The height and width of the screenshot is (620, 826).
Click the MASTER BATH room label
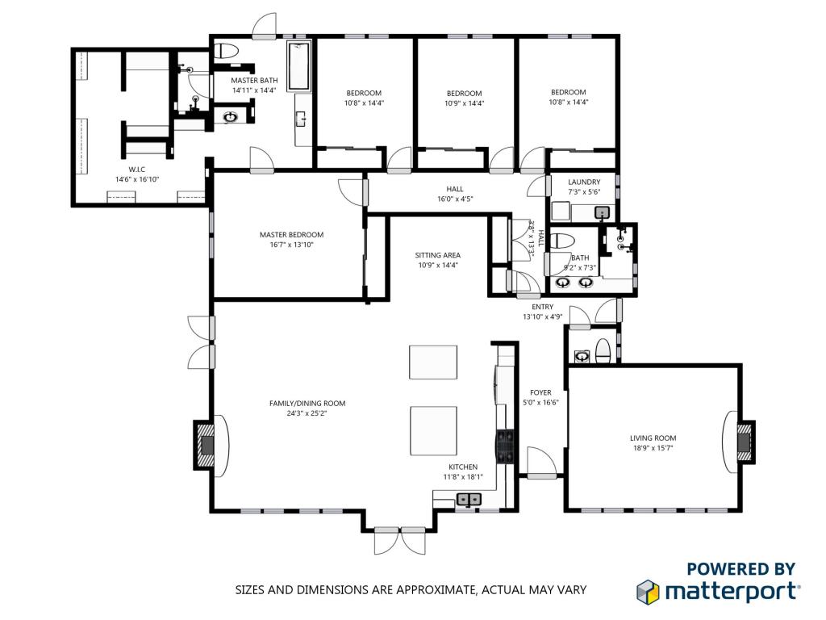click(254, 81)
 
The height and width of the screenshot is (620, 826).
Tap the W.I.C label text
click(137, 170)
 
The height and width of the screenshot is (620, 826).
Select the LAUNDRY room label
click(584, 182)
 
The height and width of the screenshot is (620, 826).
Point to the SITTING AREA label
click(438, 255)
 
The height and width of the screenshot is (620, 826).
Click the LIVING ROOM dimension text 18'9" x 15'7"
click(653, 448)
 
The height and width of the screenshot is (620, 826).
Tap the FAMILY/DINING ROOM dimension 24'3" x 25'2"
click(307, 413)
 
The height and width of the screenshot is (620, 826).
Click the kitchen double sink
click(469, 499)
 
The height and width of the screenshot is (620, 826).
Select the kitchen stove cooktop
click(505, 446)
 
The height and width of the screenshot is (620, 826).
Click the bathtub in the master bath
click(298, 66)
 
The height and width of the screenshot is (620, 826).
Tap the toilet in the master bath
click(227, 51)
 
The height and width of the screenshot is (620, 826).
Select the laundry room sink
click(603, 213)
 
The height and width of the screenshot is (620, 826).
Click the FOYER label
click(540, 393)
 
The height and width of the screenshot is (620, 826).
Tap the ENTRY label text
click(543, 307)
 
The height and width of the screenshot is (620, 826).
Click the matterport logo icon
click(648, 592)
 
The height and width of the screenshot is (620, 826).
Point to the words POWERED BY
click(740, 569)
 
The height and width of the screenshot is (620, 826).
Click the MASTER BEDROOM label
click(291, 235)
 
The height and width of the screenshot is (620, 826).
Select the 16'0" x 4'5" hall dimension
click(455, 199)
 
